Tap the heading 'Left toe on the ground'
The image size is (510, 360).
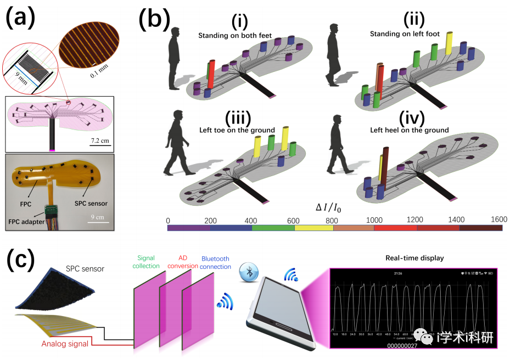click(x=237, y=130)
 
